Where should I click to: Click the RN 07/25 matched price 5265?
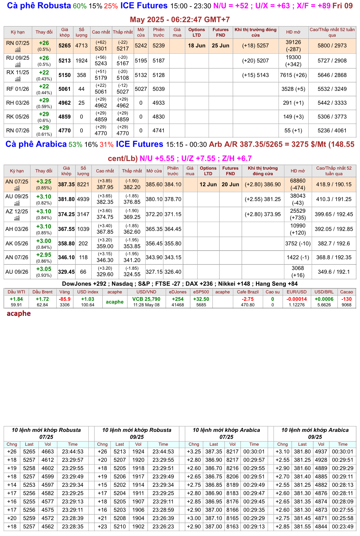point(65,46)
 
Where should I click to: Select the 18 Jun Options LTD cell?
point(197,46)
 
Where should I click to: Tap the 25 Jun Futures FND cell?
point(220,46)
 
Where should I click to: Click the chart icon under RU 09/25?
point(18,65)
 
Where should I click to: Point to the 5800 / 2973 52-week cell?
point(332,46)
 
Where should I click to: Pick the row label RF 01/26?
point(18,89)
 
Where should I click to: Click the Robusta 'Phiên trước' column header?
point(158,32)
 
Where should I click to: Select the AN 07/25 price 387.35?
point(66,184)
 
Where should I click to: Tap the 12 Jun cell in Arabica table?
point(208,184)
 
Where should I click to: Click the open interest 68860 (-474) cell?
point(298,184)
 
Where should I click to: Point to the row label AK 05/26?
point(17,244)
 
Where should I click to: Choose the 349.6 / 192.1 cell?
point(334,272)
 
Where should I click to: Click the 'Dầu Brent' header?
point(42,292)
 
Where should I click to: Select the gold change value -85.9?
point(65,299)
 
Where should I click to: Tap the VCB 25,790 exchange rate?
point(146,299)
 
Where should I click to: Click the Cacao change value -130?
point(346,299)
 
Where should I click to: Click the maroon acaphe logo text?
point(19,313)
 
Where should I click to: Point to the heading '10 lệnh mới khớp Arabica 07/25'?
point(226,433)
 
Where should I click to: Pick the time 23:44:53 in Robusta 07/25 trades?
point(73,452)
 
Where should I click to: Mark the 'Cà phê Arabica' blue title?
point(36,144)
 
